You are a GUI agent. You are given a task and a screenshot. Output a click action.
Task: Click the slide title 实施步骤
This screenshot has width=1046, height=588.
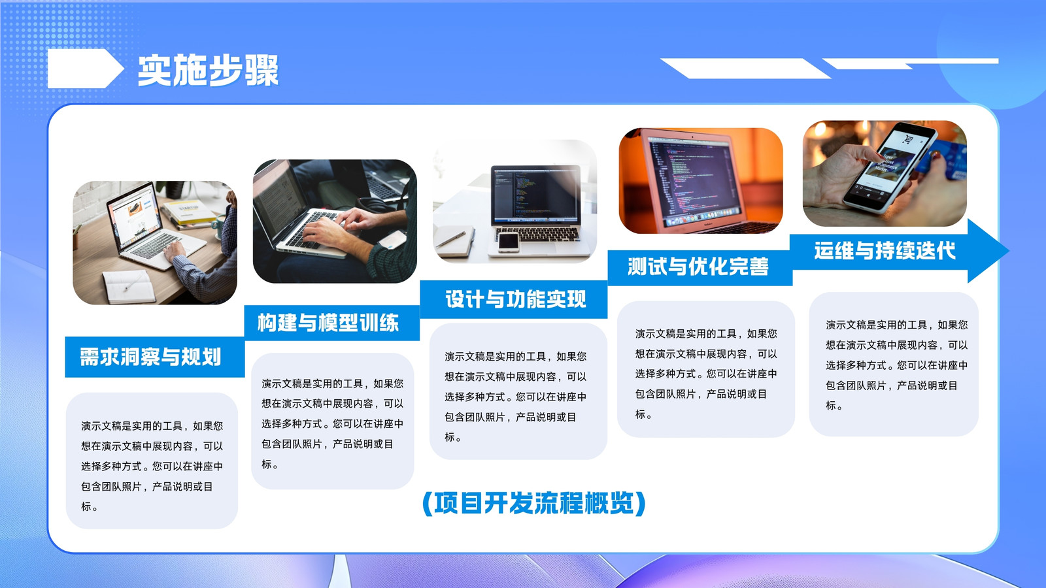(209, 71)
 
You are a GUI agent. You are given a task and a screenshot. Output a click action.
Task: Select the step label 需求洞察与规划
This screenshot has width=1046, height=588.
(150, 357)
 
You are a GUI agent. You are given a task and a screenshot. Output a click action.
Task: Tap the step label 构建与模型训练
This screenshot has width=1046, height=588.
(328, 323)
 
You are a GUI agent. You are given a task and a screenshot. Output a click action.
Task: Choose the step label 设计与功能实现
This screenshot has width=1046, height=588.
(516, 299)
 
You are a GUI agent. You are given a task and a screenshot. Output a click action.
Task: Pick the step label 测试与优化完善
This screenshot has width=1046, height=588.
(698, 267)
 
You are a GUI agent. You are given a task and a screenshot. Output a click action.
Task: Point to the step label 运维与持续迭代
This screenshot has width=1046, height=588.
(885, 251)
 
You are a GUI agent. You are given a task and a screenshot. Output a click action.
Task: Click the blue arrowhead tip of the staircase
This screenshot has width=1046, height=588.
(1009, 251)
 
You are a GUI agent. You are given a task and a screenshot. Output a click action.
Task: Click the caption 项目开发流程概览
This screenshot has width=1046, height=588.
(533, 503)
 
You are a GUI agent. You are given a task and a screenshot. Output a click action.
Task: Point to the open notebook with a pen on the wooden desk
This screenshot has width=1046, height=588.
(128, 286)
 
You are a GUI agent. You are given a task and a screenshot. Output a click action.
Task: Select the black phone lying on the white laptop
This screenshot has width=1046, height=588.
(509, 241)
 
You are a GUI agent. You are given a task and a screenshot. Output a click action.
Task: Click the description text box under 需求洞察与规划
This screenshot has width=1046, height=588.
(152, 461)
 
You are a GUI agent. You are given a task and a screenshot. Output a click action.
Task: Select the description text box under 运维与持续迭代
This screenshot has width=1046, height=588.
(893, 364)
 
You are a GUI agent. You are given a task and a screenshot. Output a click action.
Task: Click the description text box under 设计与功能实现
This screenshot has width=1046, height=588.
(518, 391)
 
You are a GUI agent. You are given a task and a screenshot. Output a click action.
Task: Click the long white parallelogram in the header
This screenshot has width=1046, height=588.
(745, 69)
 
